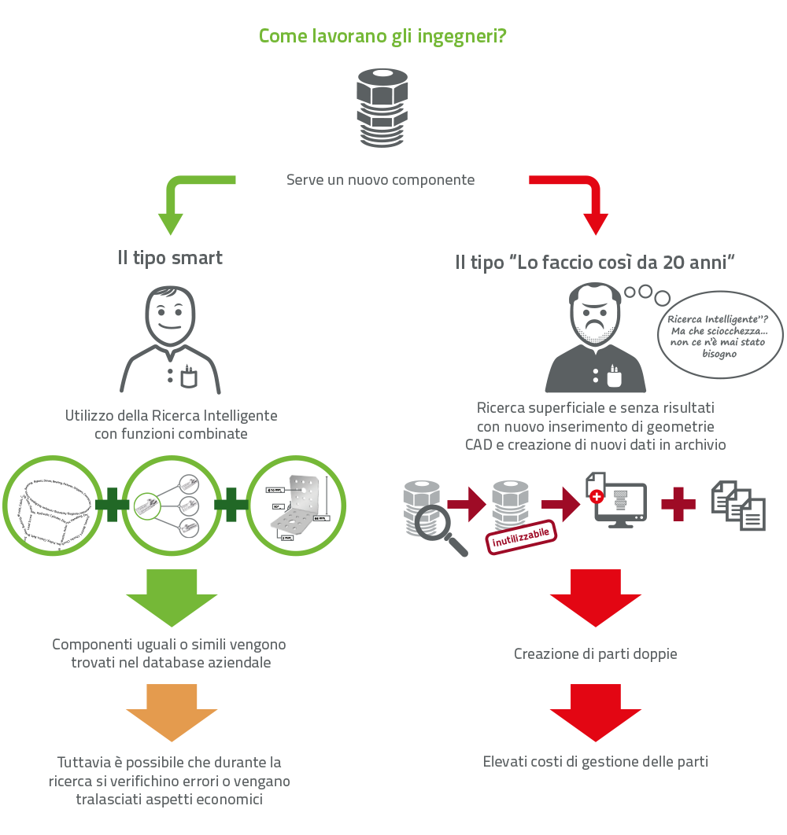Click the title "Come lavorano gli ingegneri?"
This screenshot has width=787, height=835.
(382, 36)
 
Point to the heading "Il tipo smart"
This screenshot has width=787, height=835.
(170, 258)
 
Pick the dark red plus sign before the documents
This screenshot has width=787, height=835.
(678, 504)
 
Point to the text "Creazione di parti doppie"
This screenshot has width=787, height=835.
(595, 653)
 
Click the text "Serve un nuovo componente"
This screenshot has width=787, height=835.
(380, 180)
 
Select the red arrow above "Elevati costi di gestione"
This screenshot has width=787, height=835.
(595, 710)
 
